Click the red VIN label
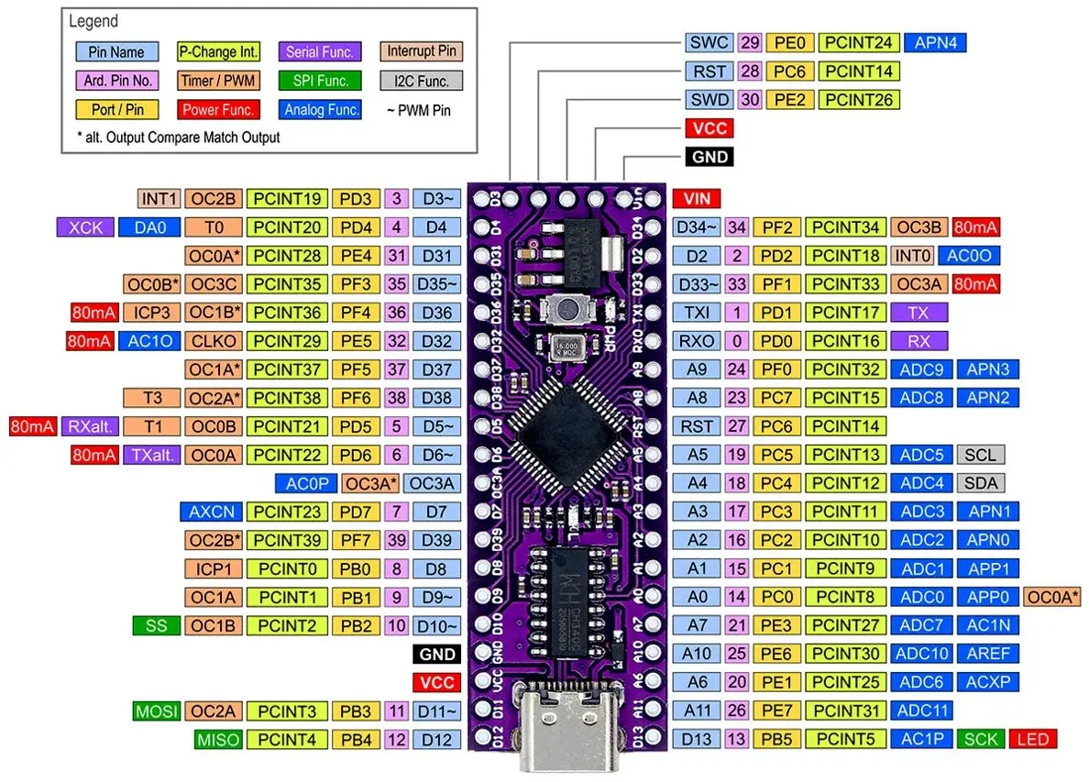coord(697,198)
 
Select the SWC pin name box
coord(708,42)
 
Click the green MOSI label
coord(156,710)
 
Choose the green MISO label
coord(217,739)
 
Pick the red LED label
coord(1032,739)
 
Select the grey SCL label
coord(980,455)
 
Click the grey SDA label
coord(980,483)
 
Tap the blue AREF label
coord(986,654)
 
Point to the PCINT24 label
coord(858,42)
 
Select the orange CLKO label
coord(214,341)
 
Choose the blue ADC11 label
coord(921,710)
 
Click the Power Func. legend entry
coord(217,110)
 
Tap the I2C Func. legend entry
coord(421,81)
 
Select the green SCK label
coord(980,739)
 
